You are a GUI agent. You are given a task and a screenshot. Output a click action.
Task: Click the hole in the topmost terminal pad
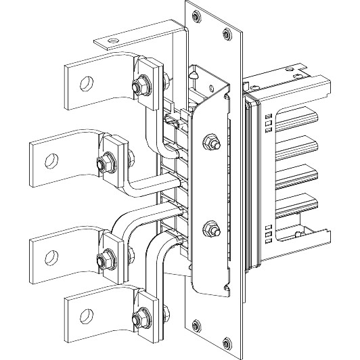[x=85, y=83]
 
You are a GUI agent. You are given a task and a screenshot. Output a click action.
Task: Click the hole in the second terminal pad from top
[x=51, y=160]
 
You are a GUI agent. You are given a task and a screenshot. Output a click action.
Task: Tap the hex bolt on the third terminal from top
[x=106, y=258]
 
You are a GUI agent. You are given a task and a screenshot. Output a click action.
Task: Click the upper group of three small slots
[x=269, y=121]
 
